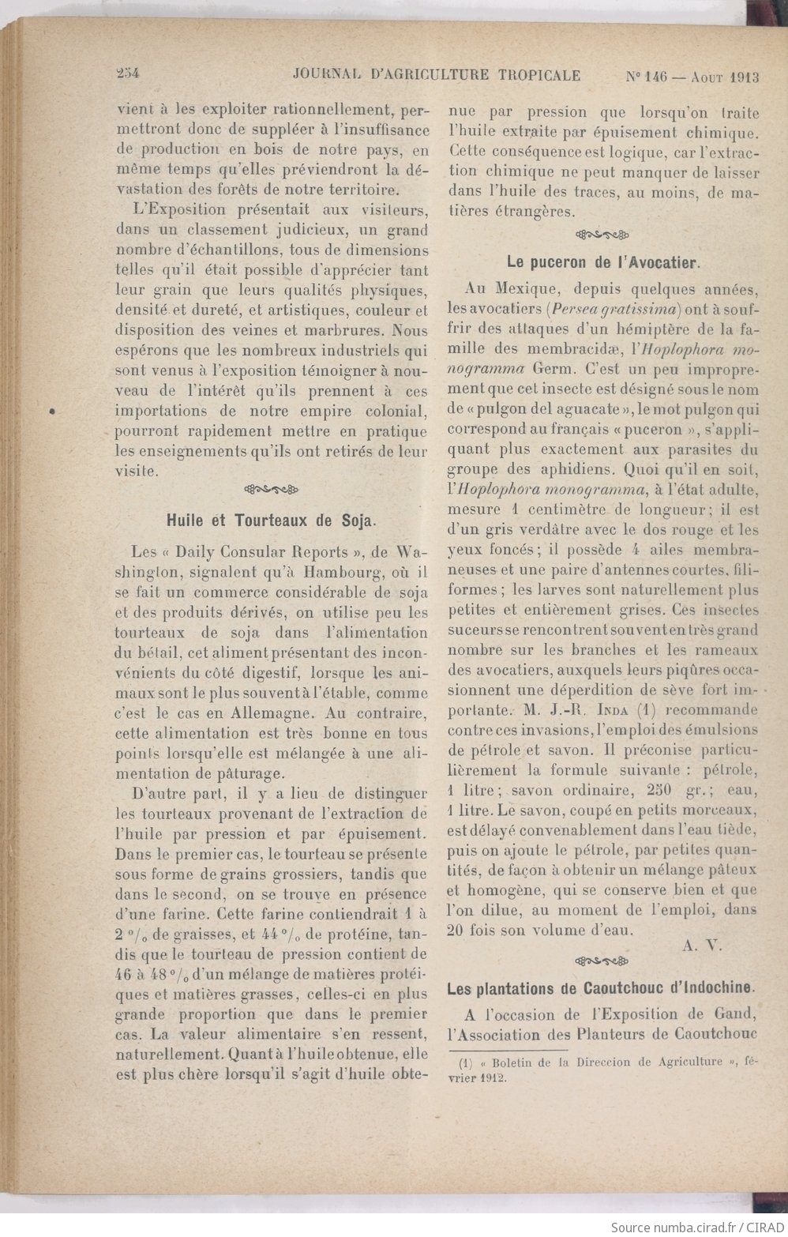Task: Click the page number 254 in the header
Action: (x=126, y=75)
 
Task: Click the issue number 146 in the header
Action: (x=655, y=77)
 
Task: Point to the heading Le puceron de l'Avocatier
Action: (x=603, y=261)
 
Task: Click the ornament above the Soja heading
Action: (x=272, y=487)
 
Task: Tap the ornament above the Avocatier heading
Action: (x=602, y=234)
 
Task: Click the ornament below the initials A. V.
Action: (x=602, y=961)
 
